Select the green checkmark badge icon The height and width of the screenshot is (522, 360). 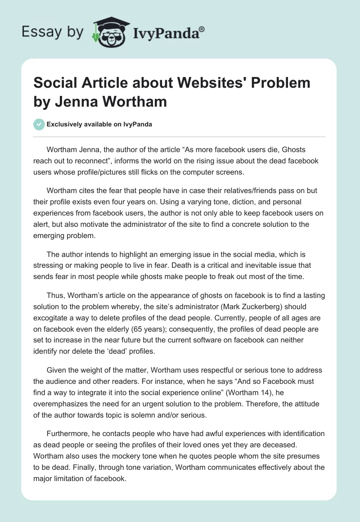(x=39, y=124)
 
